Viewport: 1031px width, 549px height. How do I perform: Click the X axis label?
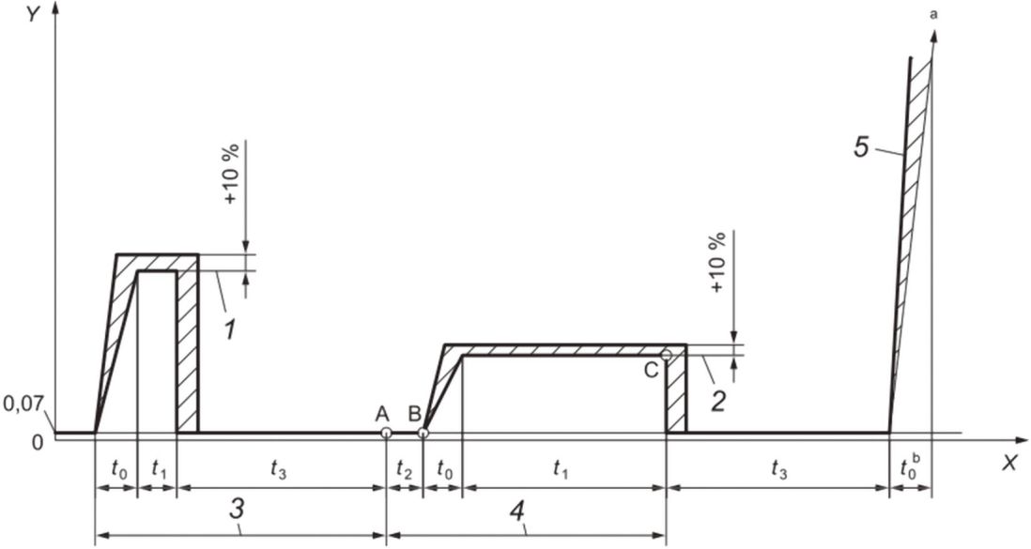(x=1009, y=463)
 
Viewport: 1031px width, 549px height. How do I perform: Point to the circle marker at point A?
(x=386, y=433)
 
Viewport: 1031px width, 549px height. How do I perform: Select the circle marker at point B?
(x=423, y=433)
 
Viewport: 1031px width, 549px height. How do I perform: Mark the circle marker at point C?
(x=666, y=355)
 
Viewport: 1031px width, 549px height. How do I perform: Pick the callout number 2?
(x=718, y=401)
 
